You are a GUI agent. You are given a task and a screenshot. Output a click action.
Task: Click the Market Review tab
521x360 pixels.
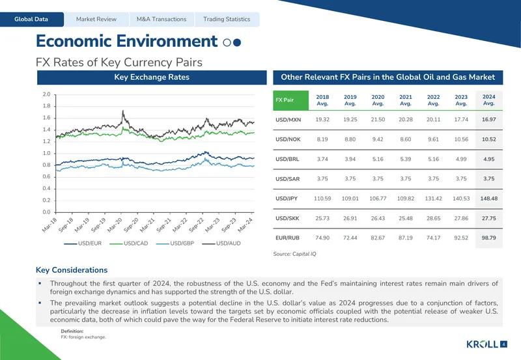click(x=96, y=20)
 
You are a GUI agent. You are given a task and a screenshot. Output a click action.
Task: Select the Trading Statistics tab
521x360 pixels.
click(x=227, y=20)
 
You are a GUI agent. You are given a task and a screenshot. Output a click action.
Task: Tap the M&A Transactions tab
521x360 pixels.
click(x=162, y=20)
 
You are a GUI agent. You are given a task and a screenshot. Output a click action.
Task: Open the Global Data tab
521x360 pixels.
click(x=31, y=20)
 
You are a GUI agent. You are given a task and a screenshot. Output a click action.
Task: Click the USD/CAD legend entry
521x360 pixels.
click(x=128, y=243)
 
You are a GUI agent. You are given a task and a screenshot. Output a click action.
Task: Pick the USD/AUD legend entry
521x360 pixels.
click(x=221, y=243)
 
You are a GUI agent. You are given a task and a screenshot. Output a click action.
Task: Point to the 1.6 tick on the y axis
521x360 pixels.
click(x=46, y=118)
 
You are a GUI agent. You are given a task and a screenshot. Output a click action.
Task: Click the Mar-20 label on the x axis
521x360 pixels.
click(x=115, y=225)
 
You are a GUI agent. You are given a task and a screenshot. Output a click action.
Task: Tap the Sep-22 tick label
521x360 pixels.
click(x=197, y=225)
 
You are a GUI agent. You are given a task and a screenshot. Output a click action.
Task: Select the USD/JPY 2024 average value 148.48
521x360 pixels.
click(x=489, y=199)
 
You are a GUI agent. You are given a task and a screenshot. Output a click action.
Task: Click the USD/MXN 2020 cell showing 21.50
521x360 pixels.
click(x=378, y=120)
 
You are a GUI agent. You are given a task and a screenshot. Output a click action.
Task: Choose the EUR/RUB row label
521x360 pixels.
click(x=287, y=238)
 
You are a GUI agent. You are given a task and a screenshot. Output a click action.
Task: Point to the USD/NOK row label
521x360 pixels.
click(x=288, y=139)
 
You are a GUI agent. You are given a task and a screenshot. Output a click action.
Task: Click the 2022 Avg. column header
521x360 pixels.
click(x=433, y=100)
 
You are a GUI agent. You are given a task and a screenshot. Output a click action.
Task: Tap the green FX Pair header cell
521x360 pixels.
click(x=290, y=100)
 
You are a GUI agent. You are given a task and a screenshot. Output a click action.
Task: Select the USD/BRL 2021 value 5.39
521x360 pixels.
click(x=406, y=159)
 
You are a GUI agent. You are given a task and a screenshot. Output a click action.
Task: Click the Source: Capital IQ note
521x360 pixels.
click(x=295, y=254)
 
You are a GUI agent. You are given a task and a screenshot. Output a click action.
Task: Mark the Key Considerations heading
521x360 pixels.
click(x=72, y=270)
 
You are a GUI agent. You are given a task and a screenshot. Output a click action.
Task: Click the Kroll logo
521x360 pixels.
click(x=482, y=344)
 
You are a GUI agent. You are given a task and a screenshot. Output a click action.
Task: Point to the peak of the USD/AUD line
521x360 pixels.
click(x=123, y=111)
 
